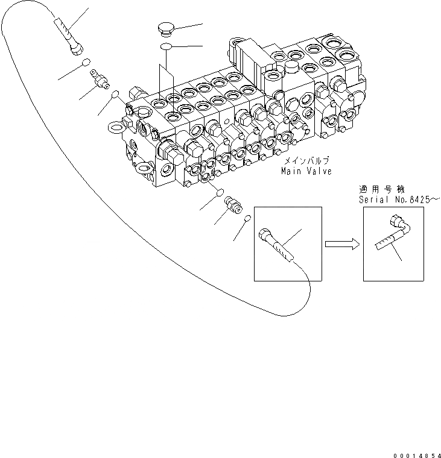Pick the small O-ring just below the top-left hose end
[86, 63]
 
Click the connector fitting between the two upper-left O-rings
[100, 79]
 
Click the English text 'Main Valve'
[306, 171]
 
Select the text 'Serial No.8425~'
[395, 198]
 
